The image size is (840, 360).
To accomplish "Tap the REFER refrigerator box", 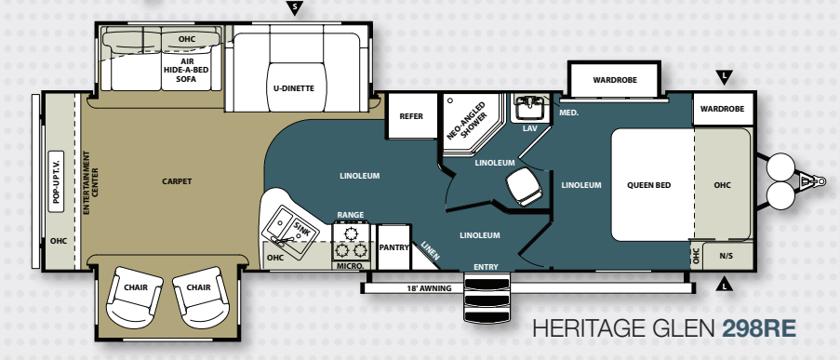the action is pos(411,115).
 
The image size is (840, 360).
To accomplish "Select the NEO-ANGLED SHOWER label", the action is pos(465,121).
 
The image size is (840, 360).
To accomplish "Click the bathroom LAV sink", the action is pos(529,109).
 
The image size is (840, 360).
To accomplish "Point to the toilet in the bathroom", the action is pos(525,186).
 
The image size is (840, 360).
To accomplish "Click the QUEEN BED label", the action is pos(648,185).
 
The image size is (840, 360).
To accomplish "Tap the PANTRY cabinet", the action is pos(393,247).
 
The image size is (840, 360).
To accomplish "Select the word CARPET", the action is pos(177,181).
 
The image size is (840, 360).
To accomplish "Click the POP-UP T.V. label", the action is pos(56,181).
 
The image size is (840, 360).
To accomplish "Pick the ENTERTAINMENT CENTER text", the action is pos(90,182).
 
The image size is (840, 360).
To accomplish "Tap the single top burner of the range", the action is pos(351,233).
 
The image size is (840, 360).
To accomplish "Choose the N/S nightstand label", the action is pos(726,256).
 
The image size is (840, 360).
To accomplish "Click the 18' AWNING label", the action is pos(429,288).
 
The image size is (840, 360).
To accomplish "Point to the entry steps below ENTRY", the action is pos(487,298).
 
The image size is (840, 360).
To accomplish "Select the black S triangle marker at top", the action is pos(294,7).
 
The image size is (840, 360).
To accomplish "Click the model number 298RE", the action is pos(759,328).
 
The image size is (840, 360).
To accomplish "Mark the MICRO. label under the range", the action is pos(351,266).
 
